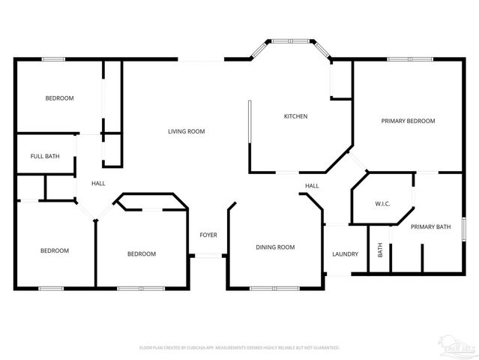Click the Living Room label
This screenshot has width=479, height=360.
point(186,131)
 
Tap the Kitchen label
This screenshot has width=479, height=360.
point(295,116)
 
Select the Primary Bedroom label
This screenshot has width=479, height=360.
point(408,121)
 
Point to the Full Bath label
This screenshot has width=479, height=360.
point(45,156)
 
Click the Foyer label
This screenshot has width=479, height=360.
point(208,235)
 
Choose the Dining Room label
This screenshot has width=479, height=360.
point(275,247)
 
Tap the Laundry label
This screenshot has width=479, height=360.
point(345,253)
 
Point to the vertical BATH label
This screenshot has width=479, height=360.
point(380,250)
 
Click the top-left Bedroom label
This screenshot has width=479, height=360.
point(59,98)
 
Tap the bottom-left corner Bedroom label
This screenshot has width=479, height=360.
point(55,250)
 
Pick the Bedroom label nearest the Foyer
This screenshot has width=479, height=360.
point(141,253)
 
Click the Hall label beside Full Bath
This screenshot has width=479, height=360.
point(98,184)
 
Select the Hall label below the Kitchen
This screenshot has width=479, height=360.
point(312,186)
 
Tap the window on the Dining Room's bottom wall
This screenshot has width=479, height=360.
point(274,288)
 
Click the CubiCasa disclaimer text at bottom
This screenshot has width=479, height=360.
point(240,347)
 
